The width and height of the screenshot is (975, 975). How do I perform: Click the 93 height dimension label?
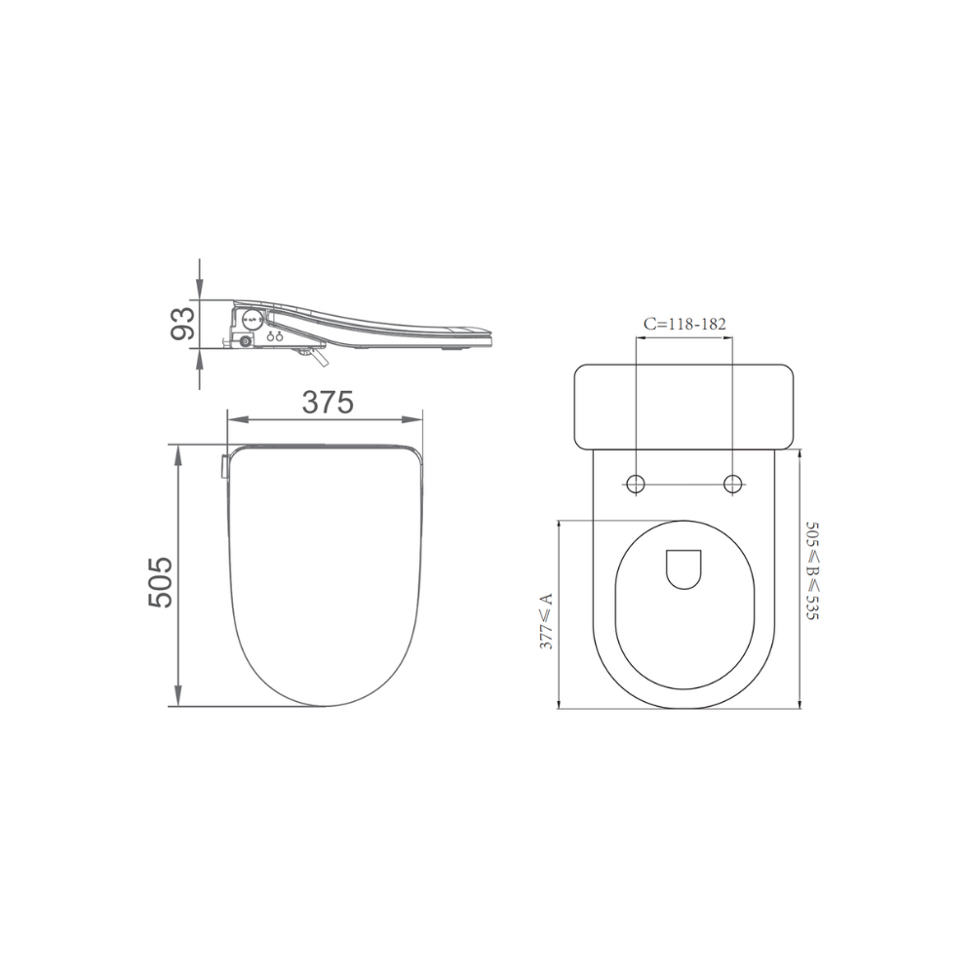tap(183, 324)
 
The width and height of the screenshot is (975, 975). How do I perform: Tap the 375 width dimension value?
tap(328, 403)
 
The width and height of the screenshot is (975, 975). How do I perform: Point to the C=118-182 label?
tap(684, 324)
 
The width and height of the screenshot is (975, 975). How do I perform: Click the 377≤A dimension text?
tap(545, 621)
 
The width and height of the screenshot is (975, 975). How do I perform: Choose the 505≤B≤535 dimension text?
tap(812, 570)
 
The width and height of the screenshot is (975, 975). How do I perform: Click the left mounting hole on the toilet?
tap(636, 484)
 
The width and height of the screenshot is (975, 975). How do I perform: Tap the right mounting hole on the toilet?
tap(733, 484)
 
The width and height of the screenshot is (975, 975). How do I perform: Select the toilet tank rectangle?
tap(684, 407)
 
